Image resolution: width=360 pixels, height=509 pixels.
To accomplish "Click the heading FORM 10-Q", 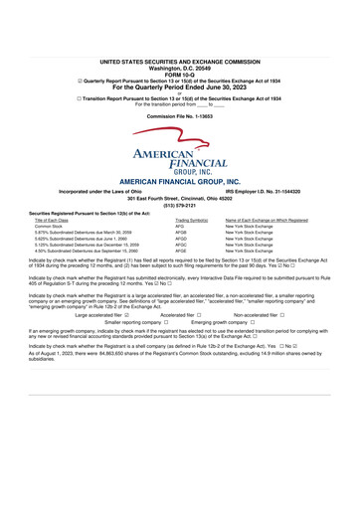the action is (179, 46).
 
